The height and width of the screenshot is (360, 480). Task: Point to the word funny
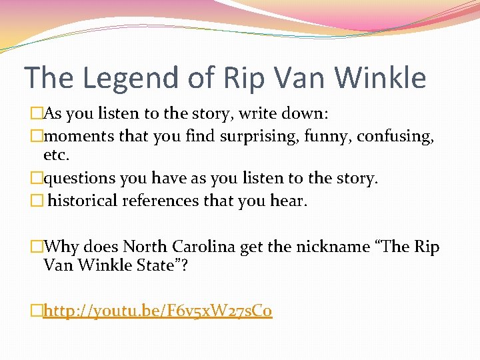click(326, 136)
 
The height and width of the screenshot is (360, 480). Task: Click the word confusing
click(395, 136)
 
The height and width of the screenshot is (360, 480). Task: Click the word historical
click(83, 201)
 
